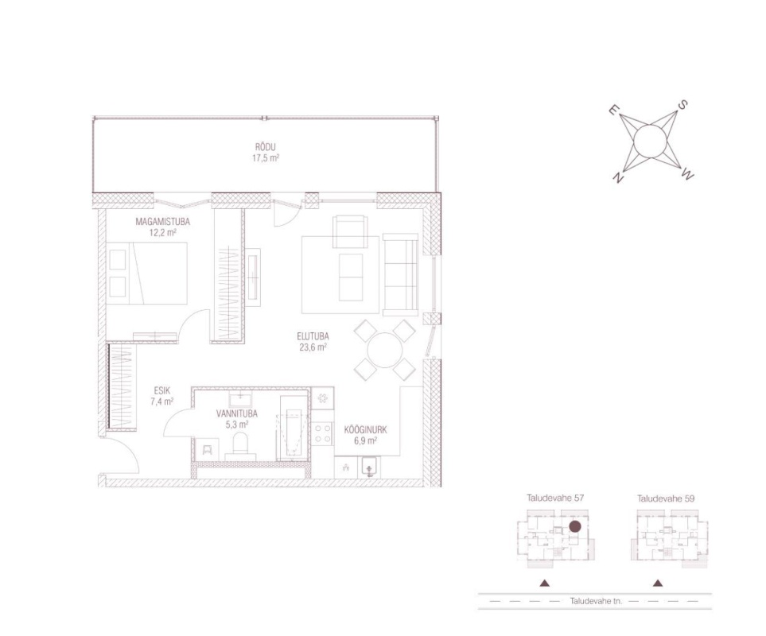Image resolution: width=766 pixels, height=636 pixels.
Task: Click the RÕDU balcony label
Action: click(265, 147)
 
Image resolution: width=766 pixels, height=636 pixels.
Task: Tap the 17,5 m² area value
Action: click(265, 158)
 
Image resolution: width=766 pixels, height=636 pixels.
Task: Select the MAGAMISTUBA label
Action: click(163, 222)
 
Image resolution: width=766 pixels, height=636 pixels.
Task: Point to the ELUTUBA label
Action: click(313, 336)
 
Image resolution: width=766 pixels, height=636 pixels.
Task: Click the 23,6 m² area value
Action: click(313, 347)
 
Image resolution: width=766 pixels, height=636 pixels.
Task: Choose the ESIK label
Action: click(161, 390)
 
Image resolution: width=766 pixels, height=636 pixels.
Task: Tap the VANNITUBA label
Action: click(237, 414)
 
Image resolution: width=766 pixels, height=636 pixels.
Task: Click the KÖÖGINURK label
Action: click(365, 430)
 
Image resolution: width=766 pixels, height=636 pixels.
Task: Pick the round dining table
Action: click(385, 351)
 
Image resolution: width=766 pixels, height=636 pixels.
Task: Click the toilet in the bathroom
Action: click(240, 447)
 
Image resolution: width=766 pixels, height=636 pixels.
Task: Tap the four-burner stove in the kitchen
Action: click(323, 433)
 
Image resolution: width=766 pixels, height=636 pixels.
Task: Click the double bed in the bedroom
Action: click(147, 273)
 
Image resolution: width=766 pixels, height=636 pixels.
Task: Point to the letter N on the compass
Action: click(619, 178)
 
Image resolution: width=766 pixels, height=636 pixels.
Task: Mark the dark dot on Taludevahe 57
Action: click(575, 526)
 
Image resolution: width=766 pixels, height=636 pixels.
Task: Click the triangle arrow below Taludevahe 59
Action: click(658, 583)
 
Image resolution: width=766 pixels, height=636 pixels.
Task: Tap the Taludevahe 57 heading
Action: click(555, 498)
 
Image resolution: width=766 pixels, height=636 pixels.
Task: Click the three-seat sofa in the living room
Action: click(401, 275)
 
